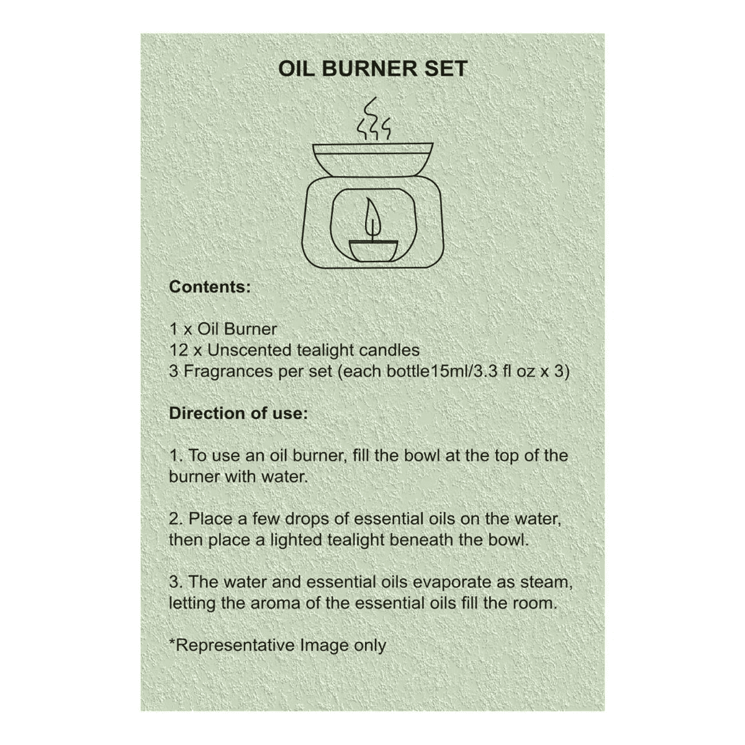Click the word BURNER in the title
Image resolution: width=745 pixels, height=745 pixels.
[x=369, y=68]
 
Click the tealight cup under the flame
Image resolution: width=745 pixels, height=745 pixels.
[x=372, y=251]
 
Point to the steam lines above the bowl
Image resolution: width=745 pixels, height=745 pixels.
[x=373, y=119]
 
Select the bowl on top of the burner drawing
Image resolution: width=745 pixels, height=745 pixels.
[x=372, y=160]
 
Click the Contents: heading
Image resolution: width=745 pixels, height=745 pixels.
[x=210, y=287]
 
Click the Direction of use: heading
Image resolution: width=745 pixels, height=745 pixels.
[x=238, y=413]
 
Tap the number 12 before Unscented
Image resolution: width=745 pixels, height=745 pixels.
[x=179, y=350]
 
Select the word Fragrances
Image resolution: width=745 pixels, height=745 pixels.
[x=228, y=371]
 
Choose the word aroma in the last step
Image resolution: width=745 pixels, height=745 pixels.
[x=275, y=603]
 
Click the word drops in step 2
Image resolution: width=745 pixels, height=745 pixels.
[x=307, y=519]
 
